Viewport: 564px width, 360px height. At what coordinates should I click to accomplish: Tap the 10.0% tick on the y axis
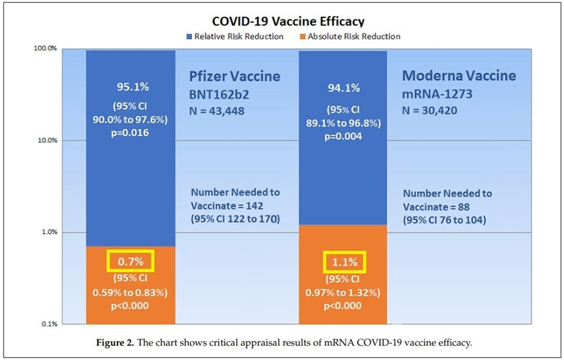click(45, 140)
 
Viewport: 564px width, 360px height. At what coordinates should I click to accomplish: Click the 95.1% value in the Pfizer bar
click(131, 85)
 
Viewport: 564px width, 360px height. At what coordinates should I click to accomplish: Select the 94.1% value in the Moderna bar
click(345, 88)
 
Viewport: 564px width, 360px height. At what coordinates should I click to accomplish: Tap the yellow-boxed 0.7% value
click(131, 261)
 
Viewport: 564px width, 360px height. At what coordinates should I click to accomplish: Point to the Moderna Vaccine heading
click(459, 76)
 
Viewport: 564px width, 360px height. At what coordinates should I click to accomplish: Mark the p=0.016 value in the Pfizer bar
click(131, 133)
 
